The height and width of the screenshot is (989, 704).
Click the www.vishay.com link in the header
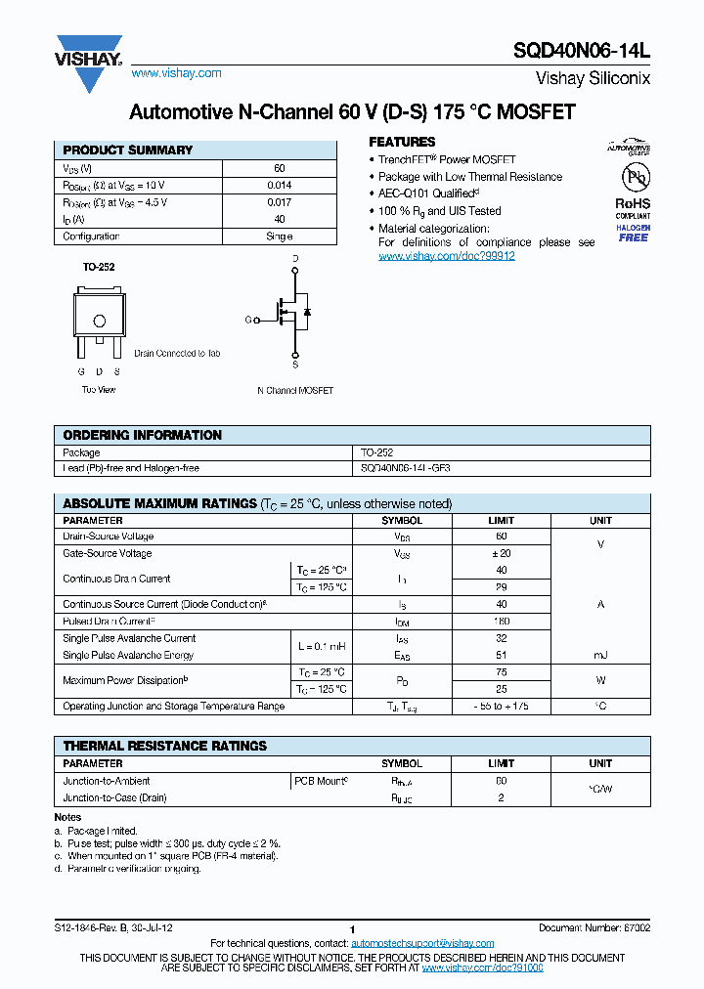coord(176,73)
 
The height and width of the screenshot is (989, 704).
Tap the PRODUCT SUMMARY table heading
coord(127,150)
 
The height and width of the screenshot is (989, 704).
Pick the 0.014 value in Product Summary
coord(279,185)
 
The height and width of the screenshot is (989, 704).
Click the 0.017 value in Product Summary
coord(279,202)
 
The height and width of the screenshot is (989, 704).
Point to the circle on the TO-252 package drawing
coord(99,321)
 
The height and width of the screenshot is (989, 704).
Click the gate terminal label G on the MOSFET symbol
coord(248,320)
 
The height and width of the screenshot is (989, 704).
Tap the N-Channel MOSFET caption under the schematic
coord(295,390)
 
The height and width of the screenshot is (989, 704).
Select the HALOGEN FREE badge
coord(633,233)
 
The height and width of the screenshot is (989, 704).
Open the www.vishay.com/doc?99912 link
coord(446,256)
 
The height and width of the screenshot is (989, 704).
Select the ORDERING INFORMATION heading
coord(142,435)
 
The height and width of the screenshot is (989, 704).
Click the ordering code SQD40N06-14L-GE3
coord(406,468)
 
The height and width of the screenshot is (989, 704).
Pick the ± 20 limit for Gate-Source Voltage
coord(502,553)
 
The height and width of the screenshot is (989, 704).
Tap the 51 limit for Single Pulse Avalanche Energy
coord(502,656)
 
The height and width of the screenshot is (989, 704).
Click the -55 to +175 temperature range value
coord(502,706)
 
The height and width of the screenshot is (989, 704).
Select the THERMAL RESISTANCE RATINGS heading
coord(164,746)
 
